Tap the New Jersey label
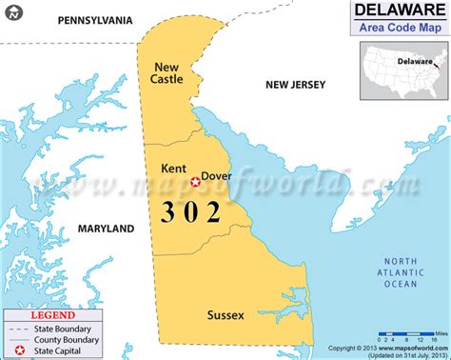tap(296, 85)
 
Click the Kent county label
tap(174, 169)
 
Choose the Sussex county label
tap(225, 314)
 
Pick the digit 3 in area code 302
tap(169, 210)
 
